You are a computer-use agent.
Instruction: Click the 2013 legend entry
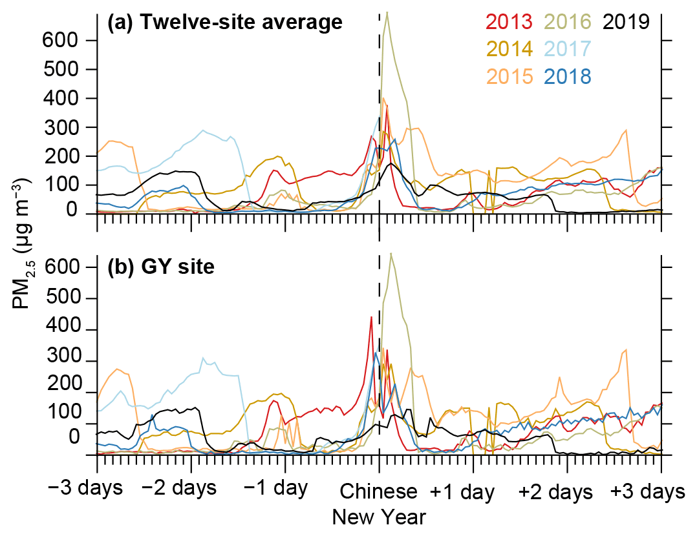(x=495, y=22)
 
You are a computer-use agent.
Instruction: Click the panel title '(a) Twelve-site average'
(x=224, y=23)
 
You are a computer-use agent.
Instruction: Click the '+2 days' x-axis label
(x=556, y=492)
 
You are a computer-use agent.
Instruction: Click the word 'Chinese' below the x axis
(x=380, y=492)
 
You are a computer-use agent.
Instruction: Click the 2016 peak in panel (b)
(x=391, y=253)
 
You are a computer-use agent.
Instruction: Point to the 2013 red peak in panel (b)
(x=371, y=317)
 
